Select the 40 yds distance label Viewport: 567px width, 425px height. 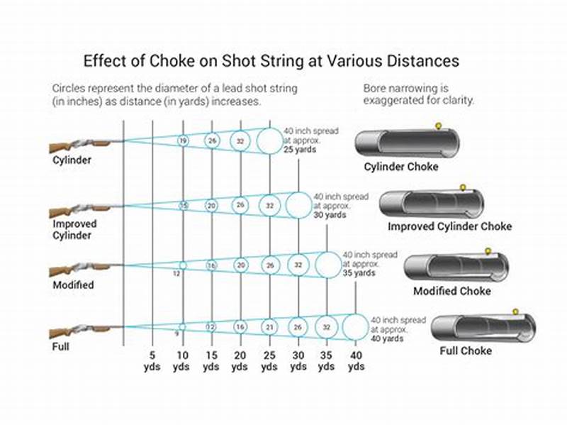click(x=356, y=360)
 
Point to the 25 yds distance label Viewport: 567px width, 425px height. click(x=269, y=360)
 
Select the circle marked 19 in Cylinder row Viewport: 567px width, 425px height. click(x=182, y=141)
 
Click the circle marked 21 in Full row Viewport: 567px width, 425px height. click(x=269, y=326)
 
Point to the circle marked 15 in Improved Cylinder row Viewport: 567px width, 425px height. click(x=183, y=206)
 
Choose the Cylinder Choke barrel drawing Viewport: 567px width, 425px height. click(x=407, y=143)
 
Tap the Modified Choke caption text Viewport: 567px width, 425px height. click(x=451, y=291)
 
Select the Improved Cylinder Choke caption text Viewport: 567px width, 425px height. click(x=449, y=227)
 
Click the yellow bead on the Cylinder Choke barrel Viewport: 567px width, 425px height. click(x=438, y=126)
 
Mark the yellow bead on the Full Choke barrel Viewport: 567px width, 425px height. click(x=515, y=310)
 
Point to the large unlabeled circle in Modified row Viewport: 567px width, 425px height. click(x=327, y=265)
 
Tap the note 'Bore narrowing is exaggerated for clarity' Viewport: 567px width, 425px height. click(x=418, y=95)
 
